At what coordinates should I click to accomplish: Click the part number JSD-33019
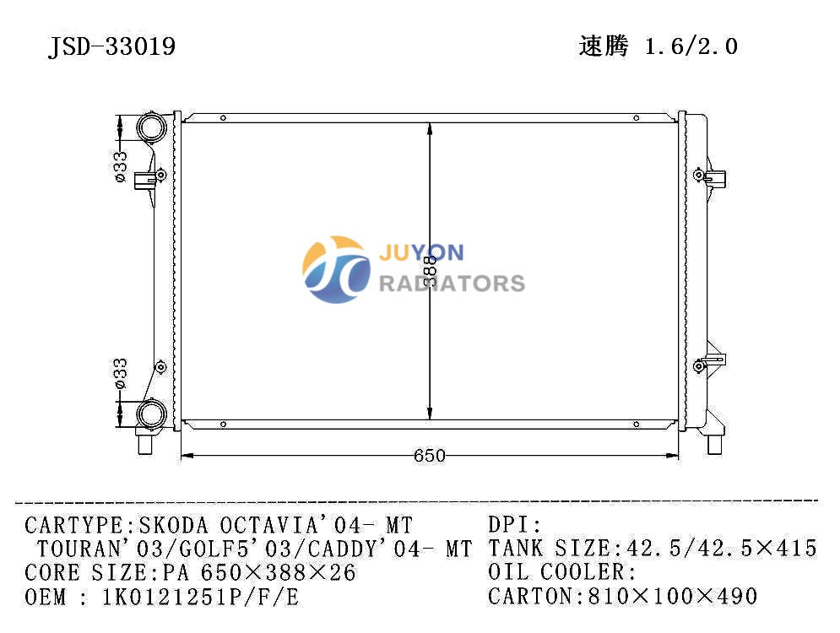(x=112, y=46)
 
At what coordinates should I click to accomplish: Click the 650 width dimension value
(x=430, y=456)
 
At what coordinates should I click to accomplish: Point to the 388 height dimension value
(x=431, y=271)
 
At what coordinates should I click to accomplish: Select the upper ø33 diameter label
(x=121, y=166)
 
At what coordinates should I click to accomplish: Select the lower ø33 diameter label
(x=121, y=373)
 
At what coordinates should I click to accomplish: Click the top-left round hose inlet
(x=152, y=127)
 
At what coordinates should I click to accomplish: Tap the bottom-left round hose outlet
(x=152, y=414)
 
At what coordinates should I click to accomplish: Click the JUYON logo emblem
(x=337, y=269)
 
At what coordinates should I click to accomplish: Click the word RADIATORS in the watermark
(x=453, y=284)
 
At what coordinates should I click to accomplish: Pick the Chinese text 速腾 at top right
(x=604, y=46)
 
